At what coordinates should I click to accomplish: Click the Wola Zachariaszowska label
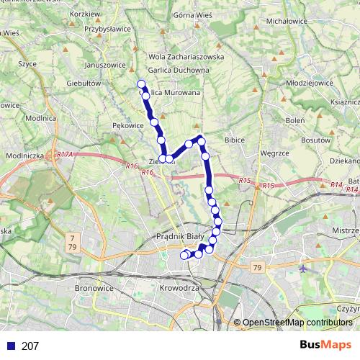(x=186, y=56)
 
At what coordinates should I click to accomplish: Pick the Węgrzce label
(x=274, y=153)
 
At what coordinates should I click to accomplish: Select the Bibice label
(x=235, y=140)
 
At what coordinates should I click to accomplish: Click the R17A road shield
(x=65, y=155)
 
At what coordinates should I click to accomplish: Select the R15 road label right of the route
(x=269, y=186)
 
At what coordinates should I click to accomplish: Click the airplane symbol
(x=302, y=267)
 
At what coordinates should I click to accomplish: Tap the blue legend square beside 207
(x=9, y=346)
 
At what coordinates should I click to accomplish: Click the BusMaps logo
(x=326, y=345)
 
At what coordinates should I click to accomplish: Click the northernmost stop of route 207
(x=141, y=84)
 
